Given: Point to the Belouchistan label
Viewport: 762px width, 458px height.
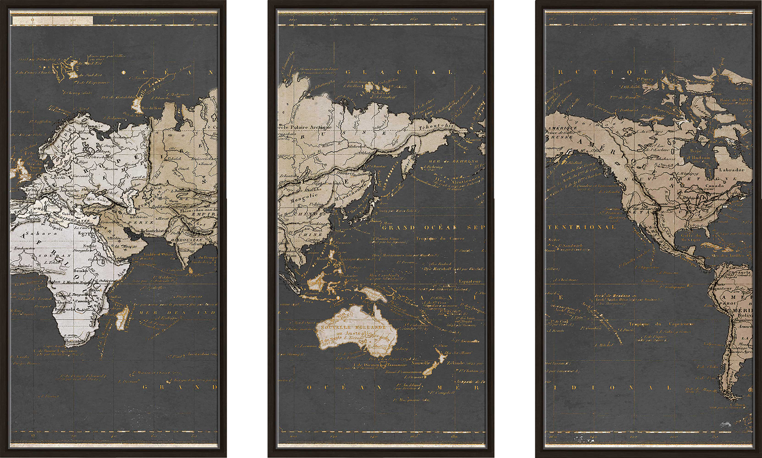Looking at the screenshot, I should point(155,231).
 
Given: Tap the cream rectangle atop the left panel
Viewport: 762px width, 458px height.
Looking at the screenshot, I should point(52,20).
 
